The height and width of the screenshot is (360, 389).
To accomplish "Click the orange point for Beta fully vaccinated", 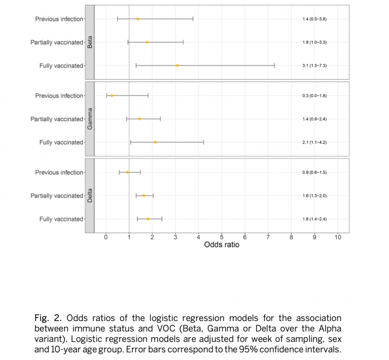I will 177,65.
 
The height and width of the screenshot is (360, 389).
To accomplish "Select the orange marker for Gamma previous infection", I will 112,96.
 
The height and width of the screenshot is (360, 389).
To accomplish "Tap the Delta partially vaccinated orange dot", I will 143,196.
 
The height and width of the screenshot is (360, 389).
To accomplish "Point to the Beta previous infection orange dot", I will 138,19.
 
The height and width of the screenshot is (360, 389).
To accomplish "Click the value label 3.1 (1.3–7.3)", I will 315,65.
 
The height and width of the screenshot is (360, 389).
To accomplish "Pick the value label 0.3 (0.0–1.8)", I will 315,96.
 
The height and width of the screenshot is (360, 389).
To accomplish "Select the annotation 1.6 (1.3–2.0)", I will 315,196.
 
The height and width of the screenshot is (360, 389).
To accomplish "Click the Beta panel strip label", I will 89,42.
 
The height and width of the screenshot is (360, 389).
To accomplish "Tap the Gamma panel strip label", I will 89,119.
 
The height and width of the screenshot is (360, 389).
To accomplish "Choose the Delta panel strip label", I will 89,196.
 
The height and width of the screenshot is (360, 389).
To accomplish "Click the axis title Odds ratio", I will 222,245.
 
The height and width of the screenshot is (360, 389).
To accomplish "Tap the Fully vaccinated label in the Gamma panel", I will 61,142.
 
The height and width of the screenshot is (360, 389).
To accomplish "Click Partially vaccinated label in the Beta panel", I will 57,42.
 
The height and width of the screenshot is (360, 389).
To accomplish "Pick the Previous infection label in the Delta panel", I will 59,173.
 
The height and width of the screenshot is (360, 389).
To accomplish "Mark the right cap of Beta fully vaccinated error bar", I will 275,65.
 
